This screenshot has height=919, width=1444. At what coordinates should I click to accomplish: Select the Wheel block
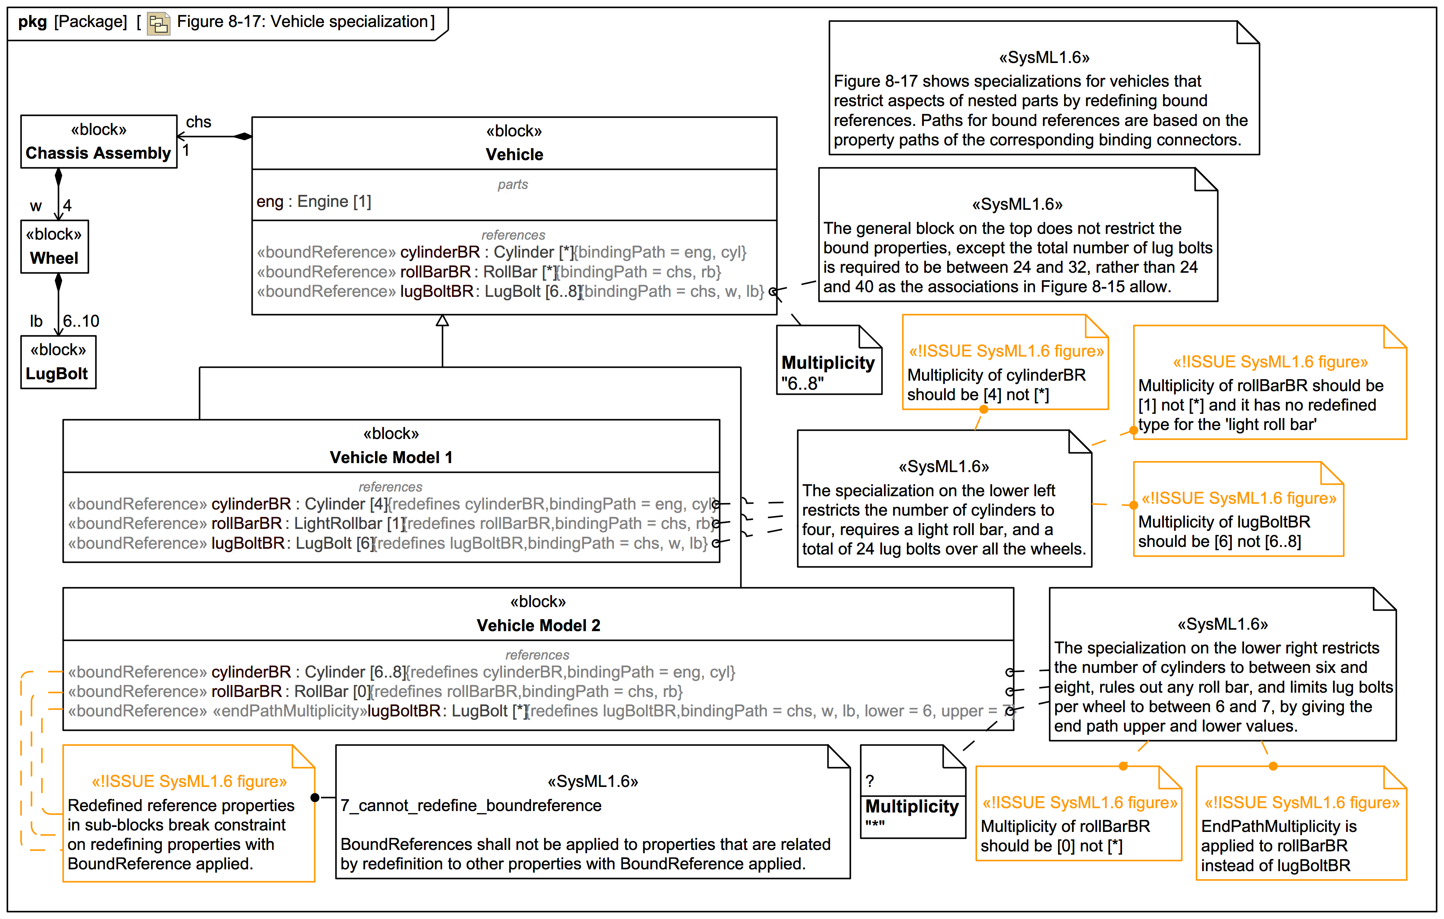point(55,246)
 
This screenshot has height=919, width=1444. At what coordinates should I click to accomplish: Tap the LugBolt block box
point(58,362)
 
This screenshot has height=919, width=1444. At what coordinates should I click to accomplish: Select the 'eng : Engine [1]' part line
point(313,202)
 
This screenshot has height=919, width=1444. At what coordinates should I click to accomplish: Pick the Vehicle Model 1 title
point(391,457)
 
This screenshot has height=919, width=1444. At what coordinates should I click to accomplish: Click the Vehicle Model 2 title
point(538,625)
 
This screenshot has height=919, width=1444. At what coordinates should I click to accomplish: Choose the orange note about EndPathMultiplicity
point(1301,833)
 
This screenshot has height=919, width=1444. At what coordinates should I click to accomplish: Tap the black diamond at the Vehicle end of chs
point(243,137)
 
